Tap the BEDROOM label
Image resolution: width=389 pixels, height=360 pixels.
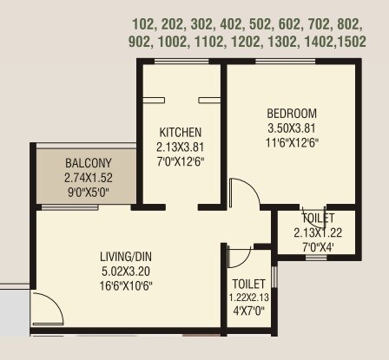291,114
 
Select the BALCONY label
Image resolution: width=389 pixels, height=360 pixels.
88,163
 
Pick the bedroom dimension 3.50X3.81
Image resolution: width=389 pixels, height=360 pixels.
291,128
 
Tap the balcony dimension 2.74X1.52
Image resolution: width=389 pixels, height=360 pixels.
88,177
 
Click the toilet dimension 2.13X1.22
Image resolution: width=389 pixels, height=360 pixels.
318,232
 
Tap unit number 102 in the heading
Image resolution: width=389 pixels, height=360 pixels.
145,23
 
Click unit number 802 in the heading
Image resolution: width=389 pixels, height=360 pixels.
350,23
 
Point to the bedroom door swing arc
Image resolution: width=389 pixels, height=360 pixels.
243,193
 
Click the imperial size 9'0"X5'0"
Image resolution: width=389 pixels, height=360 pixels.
88,191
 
